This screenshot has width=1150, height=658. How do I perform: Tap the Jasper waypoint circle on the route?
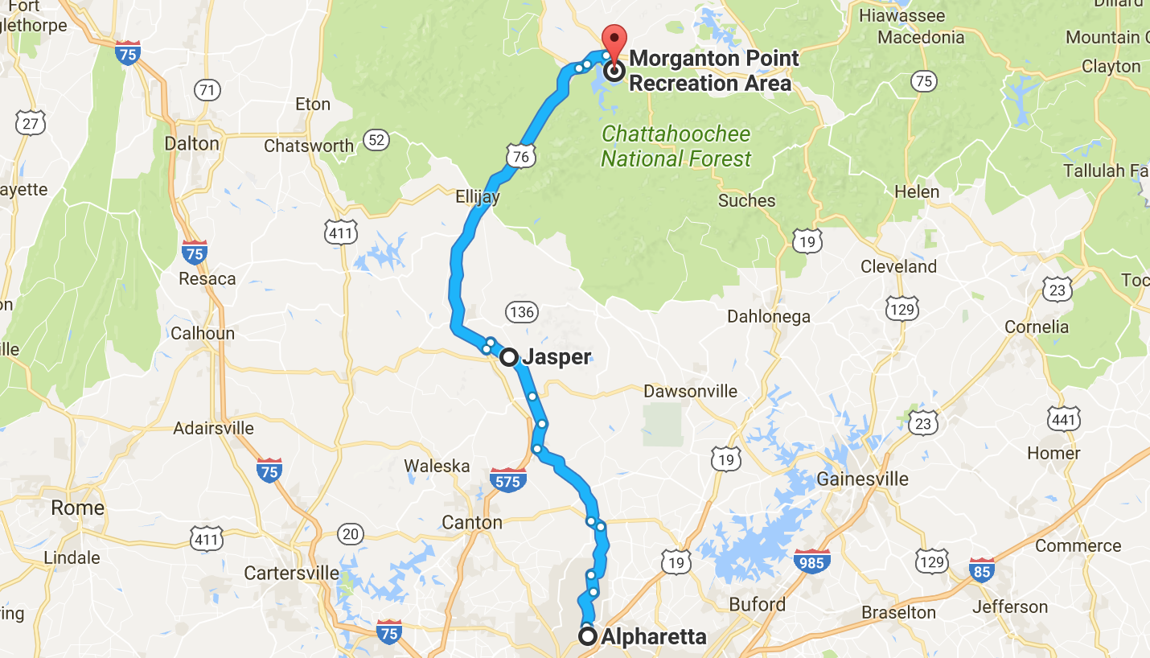click(509, 357)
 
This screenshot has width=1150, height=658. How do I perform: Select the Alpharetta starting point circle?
click(588, 637)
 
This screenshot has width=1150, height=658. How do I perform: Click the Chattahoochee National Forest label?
click(676, 146)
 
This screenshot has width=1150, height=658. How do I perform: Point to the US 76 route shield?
click(521, 156)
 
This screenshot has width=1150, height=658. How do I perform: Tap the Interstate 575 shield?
click(507, 480)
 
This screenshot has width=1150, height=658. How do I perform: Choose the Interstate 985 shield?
click(811, 561)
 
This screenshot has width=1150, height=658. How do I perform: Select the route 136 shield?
click(521, 312)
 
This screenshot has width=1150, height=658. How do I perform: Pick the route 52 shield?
click(376, 140)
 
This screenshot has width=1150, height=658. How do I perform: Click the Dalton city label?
click(191, 143)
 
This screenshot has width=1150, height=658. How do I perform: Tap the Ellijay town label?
click(478, 197)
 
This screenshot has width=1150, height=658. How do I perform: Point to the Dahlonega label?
click(769, 316)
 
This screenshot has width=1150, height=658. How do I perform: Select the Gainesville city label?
click(862, 479)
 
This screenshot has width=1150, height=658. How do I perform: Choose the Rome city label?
click(77, 508)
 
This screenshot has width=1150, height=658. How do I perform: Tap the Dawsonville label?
click(690, 391)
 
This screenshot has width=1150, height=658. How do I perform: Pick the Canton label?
click(472, 522)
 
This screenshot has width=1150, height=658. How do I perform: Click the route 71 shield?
click(207, 89)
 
